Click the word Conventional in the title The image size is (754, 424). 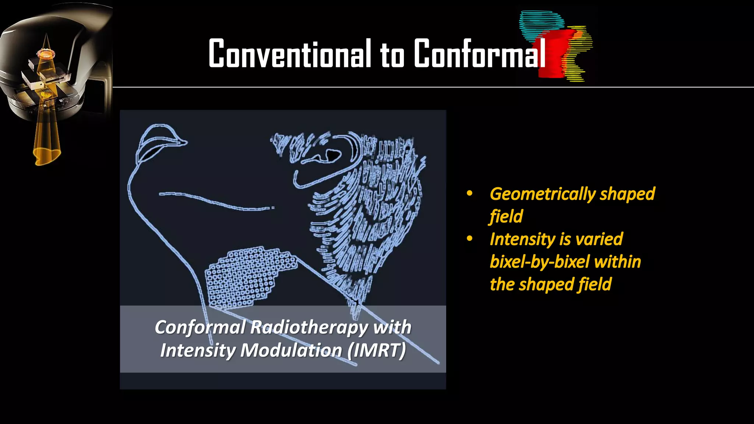click(x=290, y=54)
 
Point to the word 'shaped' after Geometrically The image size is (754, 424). click(x=627, y=194)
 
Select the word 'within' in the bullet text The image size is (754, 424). click(x=617, y=262)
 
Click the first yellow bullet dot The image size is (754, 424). click(x=469, y=194)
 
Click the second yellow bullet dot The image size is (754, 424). click(x=469, y=239)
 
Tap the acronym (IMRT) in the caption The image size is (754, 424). click(x=377, y=350)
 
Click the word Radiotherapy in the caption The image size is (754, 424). click(x=309, y=327)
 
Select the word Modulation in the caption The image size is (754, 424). click(x=291, y=350)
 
